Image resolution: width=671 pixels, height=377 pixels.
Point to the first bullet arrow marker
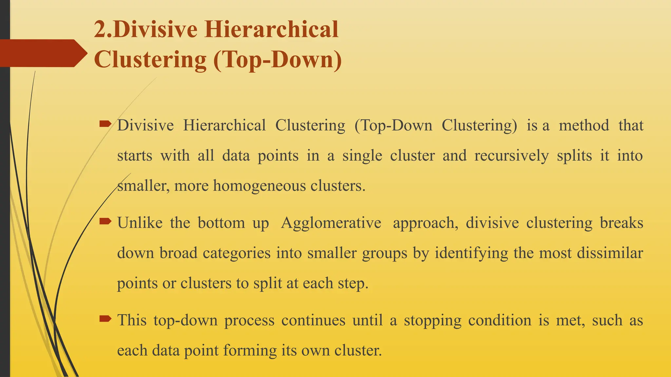[105, 124]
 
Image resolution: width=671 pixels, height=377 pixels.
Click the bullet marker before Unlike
[105, 222]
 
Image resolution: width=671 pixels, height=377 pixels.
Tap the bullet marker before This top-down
[105, 318]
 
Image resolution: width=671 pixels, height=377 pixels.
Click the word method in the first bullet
[584, 125]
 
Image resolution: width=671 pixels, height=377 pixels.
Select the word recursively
[511, 155]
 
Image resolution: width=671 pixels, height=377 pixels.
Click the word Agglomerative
[331, 223]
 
